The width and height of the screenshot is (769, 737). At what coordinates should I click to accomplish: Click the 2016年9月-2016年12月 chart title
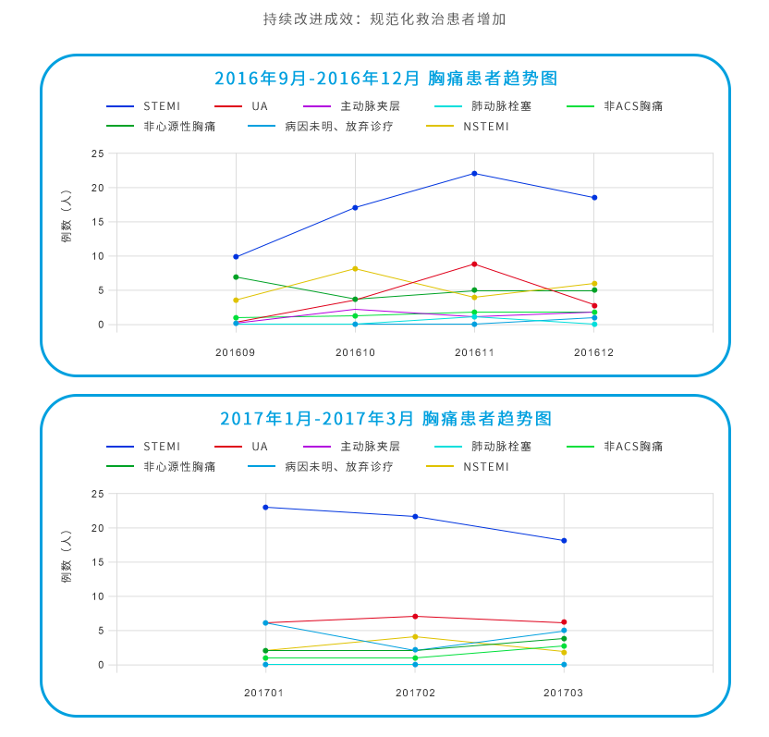tap(385, 78)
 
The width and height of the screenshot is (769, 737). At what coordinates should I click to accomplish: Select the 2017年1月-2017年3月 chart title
tap(385, 418)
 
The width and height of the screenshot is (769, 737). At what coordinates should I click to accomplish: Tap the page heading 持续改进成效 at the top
tap(384, 18)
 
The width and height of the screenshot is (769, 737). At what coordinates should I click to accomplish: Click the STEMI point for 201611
tap(474, 173)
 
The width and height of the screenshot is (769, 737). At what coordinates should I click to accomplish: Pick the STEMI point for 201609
tap(236, 256)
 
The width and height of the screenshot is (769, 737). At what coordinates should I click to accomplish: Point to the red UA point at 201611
tap(474, 264)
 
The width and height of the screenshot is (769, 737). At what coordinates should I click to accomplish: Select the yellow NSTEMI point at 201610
tap(355, 268)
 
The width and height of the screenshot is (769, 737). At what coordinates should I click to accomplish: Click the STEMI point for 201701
tap(265, 507)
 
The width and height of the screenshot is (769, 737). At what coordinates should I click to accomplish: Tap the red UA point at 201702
tap(415, 616)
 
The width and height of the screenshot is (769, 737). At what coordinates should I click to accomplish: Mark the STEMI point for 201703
tap(564, 540)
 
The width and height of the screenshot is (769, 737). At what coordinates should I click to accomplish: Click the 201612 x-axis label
tap(593, 352)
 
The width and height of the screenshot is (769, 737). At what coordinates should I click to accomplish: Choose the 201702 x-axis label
tap(415, 693)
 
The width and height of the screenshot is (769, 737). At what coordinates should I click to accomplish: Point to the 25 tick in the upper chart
tap(97, 154)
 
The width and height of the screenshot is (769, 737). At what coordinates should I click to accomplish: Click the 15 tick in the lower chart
tap(97, 562)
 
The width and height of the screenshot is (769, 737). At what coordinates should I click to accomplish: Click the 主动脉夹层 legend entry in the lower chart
tap(370, 447)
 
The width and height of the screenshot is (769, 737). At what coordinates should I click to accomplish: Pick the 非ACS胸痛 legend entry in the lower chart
tap(633, 447)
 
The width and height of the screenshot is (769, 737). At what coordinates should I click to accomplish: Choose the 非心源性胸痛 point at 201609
tap(236, 276)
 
